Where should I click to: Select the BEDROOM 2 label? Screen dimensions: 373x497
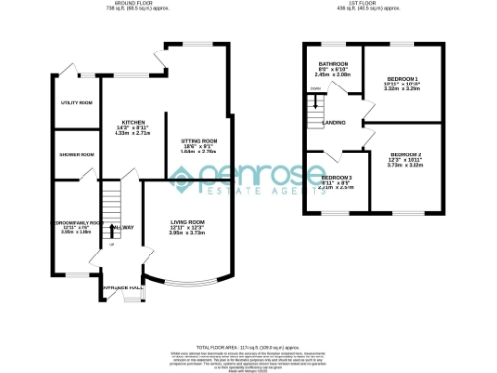tap(406, 154)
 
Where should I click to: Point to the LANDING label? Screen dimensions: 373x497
tap(335, 123)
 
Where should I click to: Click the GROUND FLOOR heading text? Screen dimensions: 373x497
tap(136, 4)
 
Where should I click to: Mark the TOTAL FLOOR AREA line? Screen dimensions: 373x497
tap(248, 346)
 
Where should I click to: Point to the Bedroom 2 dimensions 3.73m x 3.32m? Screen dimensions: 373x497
tap(406, 166)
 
